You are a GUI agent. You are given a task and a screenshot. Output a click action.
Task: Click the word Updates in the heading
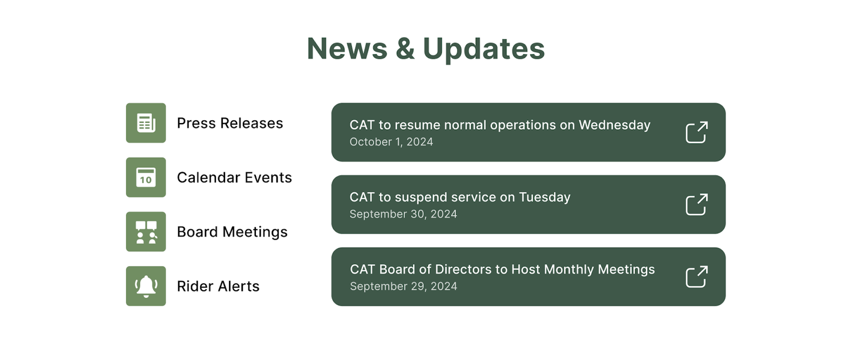coord(483,49)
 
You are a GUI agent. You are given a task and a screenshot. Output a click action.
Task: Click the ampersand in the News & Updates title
coord(405,49)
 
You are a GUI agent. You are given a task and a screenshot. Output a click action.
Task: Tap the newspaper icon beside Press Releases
coord(146,123)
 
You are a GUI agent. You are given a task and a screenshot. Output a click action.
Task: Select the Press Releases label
coord(230,124)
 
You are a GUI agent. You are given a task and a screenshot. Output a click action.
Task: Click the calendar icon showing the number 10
coord(146,177)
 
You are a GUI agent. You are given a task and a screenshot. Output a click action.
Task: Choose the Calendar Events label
coord(234,178)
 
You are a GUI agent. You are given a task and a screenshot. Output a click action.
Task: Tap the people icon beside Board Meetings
coord(146,232)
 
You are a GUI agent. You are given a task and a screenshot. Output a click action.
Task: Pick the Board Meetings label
coord(232,232)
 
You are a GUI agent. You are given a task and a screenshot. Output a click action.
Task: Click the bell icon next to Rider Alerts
coord(146,286)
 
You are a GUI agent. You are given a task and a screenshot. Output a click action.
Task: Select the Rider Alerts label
coord(218,286)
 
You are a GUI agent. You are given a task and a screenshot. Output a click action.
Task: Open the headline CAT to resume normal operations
coord(500,125)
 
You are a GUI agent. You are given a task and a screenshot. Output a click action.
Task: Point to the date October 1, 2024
coord(391,142)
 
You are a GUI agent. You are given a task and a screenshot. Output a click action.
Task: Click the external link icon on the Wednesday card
coord(697,132)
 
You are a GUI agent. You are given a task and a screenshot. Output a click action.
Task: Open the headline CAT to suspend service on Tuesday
coord(460,197)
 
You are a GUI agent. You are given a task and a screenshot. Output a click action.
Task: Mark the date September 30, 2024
coord(403,214)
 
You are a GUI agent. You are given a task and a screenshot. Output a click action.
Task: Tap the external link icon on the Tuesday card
coord(697,204)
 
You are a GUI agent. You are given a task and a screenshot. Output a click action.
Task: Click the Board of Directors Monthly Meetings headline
coord(502,270)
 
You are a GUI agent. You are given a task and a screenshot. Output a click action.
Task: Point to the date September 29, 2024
coord(403,286)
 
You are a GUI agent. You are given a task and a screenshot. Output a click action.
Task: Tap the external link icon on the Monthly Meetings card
coord(697,276)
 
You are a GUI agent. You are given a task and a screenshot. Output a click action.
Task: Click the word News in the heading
coord(348,49)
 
